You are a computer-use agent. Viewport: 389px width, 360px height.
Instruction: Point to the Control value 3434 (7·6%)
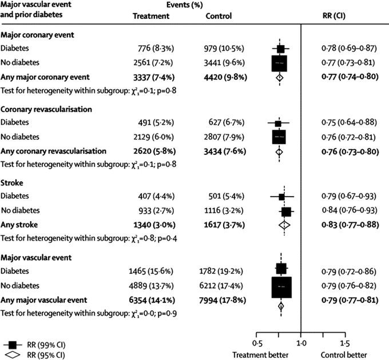pyautogui.click(x=228, y=151)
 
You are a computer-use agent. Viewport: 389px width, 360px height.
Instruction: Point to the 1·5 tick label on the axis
pyautogui.click(x=345, y=343)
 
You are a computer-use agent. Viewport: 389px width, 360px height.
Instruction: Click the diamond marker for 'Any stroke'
pyautogui.click(x=284, y=225)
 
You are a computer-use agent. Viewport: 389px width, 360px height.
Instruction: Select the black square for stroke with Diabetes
pyautogui.click(x=281, y=197)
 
